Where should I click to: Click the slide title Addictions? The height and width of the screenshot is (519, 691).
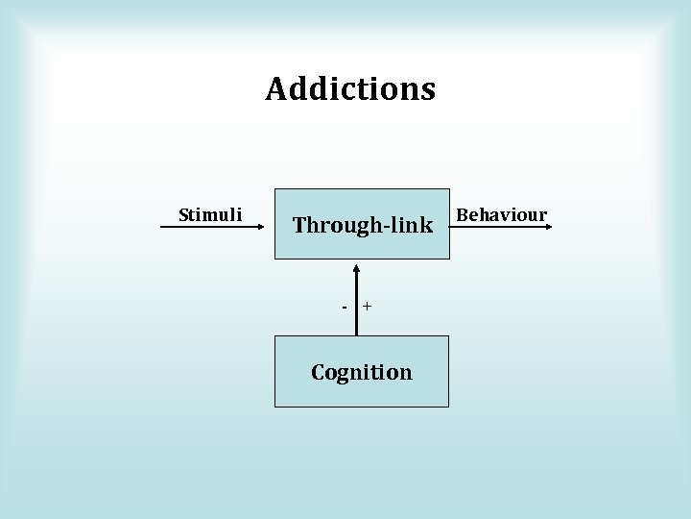(x=350, y=89)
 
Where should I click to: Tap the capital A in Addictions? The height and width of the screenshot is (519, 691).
(x=276, y=89)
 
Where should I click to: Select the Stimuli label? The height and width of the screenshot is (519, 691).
(x=210, y=214)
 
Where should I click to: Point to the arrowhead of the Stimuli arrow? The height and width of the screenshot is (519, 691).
(x=260, y=226)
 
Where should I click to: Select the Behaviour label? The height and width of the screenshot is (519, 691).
(x=501, y=214)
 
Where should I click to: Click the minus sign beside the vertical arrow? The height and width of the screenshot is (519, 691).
(x=345, y=306)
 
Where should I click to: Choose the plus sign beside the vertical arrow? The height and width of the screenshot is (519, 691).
(x=368, y=306)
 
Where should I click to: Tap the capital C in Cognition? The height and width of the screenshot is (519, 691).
(x=319, y=372)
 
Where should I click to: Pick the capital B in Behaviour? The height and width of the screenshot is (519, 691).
(x=462, y=214)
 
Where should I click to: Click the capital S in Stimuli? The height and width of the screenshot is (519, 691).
(x=184, y=214)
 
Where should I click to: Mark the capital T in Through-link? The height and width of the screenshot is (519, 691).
(x=299, y=225)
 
